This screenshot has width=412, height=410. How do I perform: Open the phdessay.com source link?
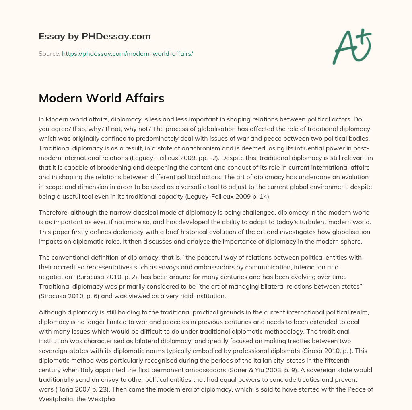pyautogui.click(x=128, y=53)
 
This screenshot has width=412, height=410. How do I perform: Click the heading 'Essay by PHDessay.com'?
pyautogui.click(x=95, y=36)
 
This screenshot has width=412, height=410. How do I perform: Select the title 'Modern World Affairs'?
pyautogui.click(x=101, y=99)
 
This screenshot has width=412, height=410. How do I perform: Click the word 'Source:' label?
pyautogui.click(x=49, y=53)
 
